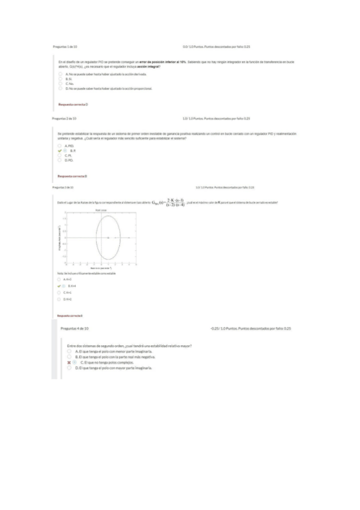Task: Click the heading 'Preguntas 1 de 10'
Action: pyautogui.click(x=65, y=46)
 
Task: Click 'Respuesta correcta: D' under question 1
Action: pyautogui.click(x=73, y=104)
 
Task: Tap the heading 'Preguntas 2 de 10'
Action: pyautogui.click(x=64, y=118)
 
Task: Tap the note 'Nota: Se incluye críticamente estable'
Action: pyautogui.click(x=87, y=273)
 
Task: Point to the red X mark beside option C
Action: pyautogui.click(x=69, y=363)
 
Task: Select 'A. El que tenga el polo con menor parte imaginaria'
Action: pyautogui.click(x=69, y=351)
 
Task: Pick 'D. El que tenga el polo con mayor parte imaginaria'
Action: pyautogui.click(x=69, y=368)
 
